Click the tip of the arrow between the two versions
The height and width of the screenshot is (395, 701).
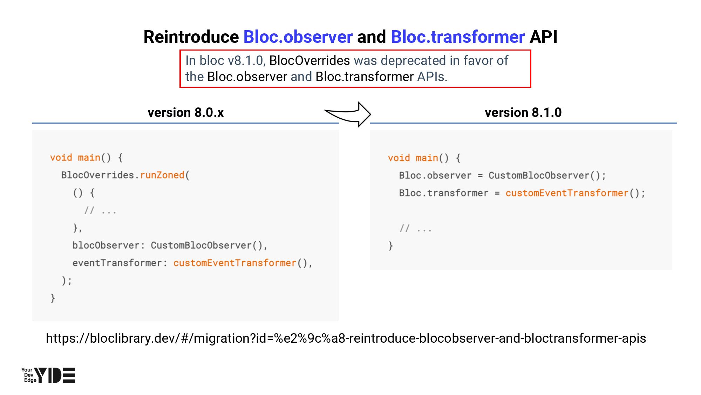pos(371,114)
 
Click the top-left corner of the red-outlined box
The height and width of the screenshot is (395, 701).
pos(180,50)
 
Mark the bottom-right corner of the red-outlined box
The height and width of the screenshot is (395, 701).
pos(531,87)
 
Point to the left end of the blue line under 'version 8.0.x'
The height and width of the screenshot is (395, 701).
pos(32,123)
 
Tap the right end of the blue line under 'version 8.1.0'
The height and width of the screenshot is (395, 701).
pos(677,123)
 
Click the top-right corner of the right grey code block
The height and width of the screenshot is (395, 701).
pos(672,131)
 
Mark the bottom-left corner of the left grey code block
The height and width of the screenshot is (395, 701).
pos(32,321)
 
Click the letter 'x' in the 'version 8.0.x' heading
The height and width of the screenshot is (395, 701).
pos(220,113)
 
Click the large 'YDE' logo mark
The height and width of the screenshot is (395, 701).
pos(55,375)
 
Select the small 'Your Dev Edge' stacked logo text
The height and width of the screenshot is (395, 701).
pos(28,375)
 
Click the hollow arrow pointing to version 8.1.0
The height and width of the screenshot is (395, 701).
pos(348,114)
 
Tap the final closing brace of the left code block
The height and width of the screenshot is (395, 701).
pos(53,298)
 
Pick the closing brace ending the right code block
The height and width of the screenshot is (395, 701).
pos(390,246)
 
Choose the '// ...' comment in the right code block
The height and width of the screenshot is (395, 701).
pos(416,229)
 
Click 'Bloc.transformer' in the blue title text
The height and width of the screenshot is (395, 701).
pos(458,37)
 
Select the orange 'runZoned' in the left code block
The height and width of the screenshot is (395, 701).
pos(162,175)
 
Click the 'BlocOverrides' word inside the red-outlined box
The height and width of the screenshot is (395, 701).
pos(309,61)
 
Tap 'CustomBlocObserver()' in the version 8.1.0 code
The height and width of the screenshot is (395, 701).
pos(544,176)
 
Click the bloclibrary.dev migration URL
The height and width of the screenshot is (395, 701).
pos(346,338)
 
